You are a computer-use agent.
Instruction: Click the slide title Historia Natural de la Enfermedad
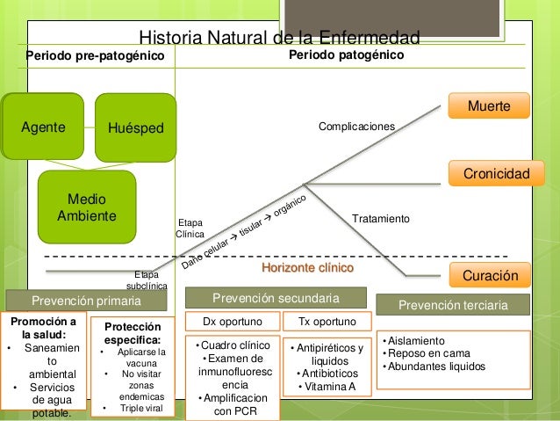[280, 38]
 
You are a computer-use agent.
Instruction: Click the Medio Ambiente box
[86, 206]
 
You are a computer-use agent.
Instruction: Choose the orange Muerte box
[490, 106]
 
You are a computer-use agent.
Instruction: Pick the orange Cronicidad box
[490, 174]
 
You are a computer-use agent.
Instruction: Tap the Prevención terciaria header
[454, 305]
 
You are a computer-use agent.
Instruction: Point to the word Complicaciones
[356, 127]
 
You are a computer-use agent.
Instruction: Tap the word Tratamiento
[381, 217]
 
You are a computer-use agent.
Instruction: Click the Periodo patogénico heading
[346, 55]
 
